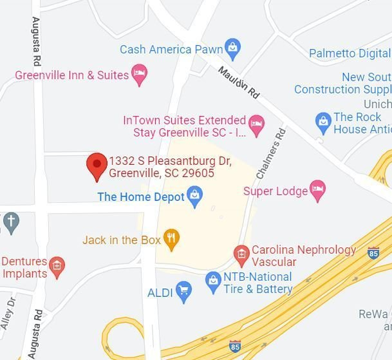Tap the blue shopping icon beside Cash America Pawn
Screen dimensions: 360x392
point(232,48)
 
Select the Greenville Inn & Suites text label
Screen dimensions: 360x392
point(72,75)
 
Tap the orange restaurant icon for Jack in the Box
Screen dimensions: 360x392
point(171,240)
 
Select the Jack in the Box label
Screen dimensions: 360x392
point(121,240)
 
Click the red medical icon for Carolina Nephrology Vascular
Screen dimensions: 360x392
point(241,254)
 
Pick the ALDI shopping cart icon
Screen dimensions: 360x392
point(184,292)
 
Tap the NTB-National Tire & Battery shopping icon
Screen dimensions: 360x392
point(213,281)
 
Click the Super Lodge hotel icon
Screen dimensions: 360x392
point(317,190)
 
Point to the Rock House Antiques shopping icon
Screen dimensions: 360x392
point(323,120)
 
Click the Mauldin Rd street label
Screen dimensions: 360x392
point(238,82)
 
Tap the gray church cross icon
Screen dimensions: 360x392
point(10,222)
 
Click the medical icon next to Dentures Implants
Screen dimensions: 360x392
point(57,267)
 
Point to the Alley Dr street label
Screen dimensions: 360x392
point(8,314)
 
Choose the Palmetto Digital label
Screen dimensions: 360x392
point(350,53)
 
